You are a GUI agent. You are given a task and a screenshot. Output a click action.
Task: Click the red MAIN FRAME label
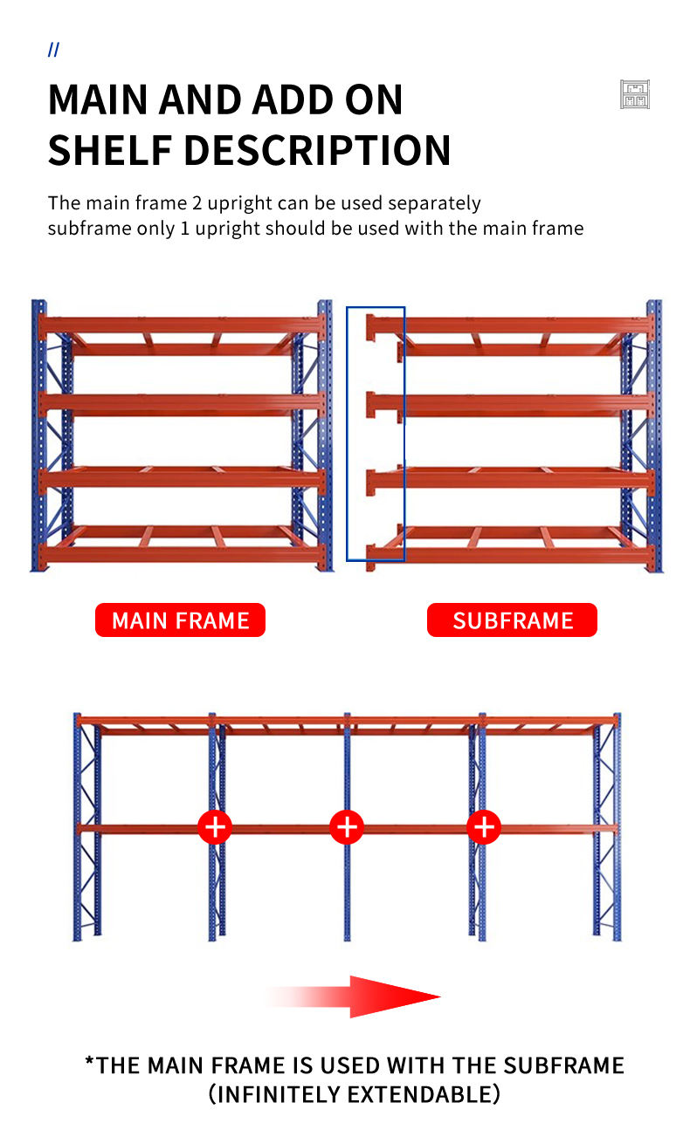tap(180, 620)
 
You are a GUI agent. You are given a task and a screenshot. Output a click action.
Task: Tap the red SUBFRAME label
tap(512, 620)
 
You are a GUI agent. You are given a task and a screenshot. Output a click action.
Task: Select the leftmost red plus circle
tap(215, 827)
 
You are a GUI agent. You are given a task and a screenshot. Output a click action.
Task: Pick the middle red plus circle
tap(347, 827)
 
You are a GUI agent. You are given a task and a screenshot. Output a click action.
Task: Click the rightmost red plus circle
tap(484, 827)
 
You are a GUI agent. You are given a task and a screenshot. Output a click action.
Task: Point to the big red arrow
tap(354, 996)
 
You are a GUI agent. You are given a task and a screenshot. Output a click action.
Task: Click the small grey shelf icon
tap(635, 94)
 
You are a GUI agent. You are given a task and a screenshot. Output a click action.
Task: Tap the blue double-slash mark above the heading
tap(53, 50)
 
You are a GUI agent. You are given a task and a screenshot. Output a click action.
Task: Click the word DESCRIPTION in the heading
tap(318, 150)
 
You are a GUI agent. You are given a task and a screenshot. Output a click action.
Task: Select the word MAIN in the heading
tap(99, 99)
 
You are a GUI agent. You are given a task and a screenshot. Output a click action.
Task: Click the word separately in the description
tap(435, 203)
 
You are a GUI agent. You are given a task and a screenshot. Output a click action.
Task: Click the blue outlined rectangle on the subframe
tap(376, 434)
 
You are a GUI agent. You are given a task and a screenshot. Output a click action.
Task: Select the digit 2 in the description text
tap(197, 203)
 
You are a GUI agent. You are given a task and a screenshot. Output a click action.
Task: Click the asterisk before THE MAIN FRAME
tap(89, 1061)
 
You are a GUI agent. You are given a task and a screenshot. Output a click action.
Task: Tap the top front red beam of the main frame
tap(182, 325)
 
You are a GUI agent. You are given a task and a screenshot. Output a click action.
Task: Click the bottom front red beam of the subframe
tap(509, 554)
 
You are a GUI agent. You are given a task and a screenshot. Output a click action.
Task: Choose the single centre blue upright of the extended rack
tap(348, 827)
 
